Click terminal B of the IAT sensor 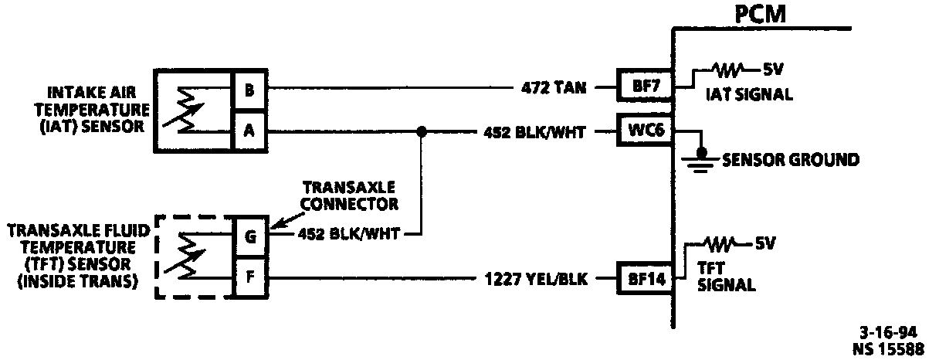(249, 90)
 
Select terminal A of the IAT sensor (249, 131)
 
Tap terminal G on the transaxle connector (250, 236)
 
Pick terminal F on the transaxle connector (250, 276)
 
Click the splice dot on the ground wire (422, 131)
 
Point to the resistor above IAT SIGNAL (729, 70)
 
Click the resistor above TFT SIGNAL (721, 245)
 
